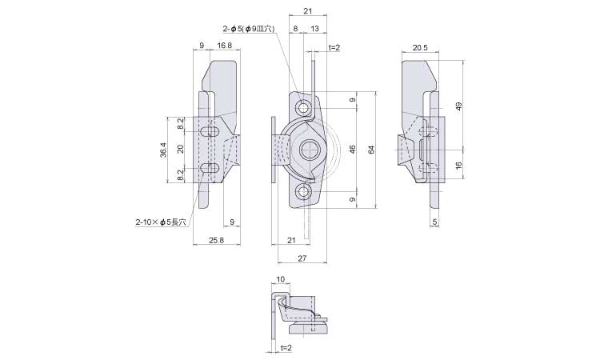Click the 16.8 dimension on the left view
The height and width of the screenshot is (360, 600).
[225, 46]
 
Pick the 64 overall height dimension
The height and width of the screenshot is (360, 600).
[370, 150]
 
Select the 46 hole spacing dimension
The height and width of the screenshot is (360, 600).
[352, 150]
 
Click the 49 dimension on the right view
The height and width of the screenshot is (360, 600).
[459, 106]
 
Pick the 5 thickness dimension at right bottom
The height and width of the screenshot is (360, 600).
[434, 221]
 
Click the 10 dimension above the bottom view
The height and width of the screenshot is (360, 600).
[280, 279]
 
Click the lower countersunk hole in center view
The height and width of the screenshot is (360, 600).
[303, 191]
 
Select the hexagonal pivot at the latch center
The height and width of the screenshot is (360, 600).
[307, 150]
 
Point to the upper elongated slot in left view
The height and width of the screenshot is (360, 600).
[211, 130]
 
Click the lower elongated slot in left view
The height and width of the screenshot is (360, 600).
[211, 168]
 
